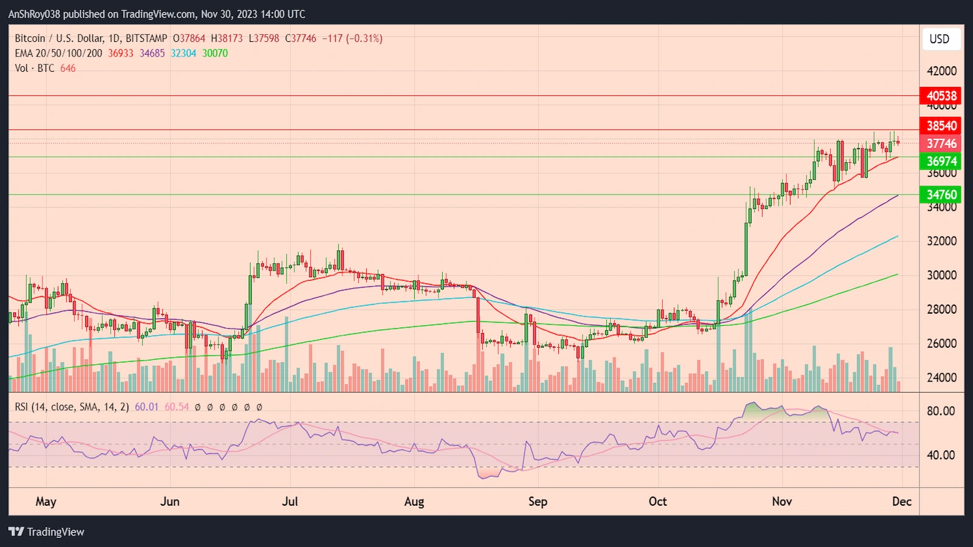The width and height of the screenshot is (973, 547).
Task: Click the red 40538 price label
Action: pyautogui.click(x=941, y=95)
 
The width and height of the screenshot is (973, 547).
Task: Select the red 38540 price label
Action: pyautogui.click(x=941, y=126)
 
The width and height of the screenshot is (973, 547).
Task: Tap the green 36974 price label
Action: pyautogui.click(x=941, y=161)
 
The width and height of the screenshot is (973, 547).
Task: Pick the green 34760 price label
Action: pyautogui.click(x=941, y=194)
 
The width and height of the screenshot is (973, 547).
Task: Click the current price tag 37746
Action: pyautogui.click(x=941, y=143)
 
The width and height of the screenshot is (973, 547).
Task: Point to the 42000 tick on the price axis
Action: pyautogui.click(x=941, y=71)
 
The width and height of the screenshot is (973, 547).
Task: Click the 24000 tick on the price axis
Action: pyautogui.click(x=941, y=377)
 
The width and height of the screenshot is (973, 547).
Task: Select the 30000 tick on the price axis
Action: pyautogui.click(x=941, y=275)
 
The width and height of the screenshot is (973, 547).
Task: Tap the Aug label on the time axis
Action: pyautogui.click(x=414, y=501)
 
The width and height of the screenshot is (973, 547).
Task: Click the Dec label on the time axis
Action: pyautogui.click(x=902, y=501)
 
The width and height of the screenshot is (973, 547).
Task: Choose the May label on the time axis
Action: pyautogui.click(x=46, y=501)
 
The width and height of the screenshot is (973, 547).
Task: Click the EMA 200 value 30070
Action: pyautogui.click(x=215, y=53)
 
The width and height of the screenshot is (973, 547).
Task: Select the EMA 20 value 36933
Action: pyautogui.click(x=120, y=53)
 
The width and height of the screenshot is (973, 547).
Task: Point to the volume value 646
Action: pyautogui.click(x=68, y=68)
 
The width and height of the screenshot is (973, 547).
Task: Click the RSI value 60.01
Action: pyautogui.click(x=146, y=407)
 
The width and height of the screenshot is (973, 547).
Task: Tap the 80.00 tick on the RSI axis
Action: pyautogui.click(x=940, y=411)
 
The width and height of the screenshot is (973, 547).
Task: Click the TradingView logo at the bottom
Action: pyautogui.click(x=47, y=532)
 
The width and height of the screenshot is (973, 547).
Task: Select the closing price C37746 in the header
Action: pyautogui.click(x=300, y=38)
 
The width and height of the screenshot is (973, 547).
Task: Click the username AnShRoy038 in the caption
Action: pyautogui.click(x=34, y=14)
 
